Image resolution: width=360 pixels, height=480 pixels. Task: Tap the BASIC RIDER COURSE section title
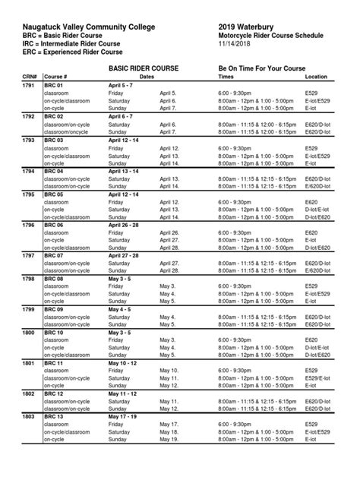point(144,68)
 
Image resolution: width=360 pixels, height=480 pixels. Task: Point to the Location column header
point(316,77)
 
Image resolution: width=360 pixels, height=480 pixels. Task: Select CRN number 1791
point(29,86)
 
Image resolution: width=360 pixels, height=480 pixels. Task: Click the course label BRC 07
point(55,256)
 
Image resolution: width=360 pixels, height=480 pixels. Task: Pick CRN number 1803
point(29,416)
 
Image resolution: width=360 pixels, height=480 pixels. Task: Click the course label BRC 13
point(55,416)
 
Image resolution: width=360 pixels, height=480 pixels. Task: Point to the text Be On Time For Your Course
point(262,68)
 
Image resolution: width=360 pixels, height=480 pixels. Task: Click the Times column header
point(226,77)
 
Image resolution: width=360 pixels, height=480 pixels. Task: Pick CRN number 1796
point(29,226)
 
